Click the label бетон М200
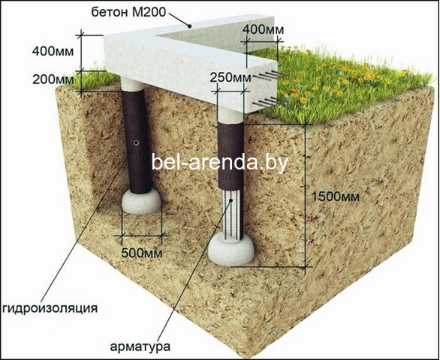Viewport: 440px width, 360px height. coord(129,12)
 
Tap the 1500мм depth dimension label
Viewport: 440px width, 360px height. coord(336,196)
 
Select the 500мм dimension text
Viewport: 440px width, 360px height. coord(142,253)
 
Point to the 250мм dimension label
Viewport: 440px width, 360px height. coord(231,77)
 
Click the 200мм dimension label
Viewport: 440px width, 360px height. coord(53,80)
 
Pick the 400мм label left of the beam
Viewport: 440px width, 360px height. coord(53,52)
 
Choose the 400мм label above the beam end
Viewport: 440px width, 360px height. coord(264,29)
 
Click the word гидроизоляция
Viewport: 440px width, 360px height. coord(50,308)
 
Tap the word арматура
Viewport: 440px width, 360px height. coord(140,346)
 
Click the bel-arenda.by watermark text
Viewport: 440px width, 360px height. coord(220,162)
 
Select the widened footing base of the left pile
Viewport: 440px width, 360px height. coord(142,201)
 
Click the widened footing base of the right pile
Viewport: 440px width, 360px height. coord(231,250)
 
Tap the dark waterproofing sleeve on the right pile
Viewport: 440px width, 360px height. coord(231,155)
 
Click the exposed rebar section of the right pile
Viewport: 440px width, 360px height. coord(232,214)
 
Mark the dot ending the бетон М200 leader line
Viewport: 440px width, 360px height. coord(190,26)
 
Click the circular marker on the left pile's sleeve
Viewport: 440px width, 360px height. coord(137,142)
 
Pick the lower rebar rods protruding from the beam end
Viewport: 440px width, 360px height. coord(270,101)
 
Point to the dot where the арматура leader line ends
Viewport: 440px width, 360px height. coord(231,200)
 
